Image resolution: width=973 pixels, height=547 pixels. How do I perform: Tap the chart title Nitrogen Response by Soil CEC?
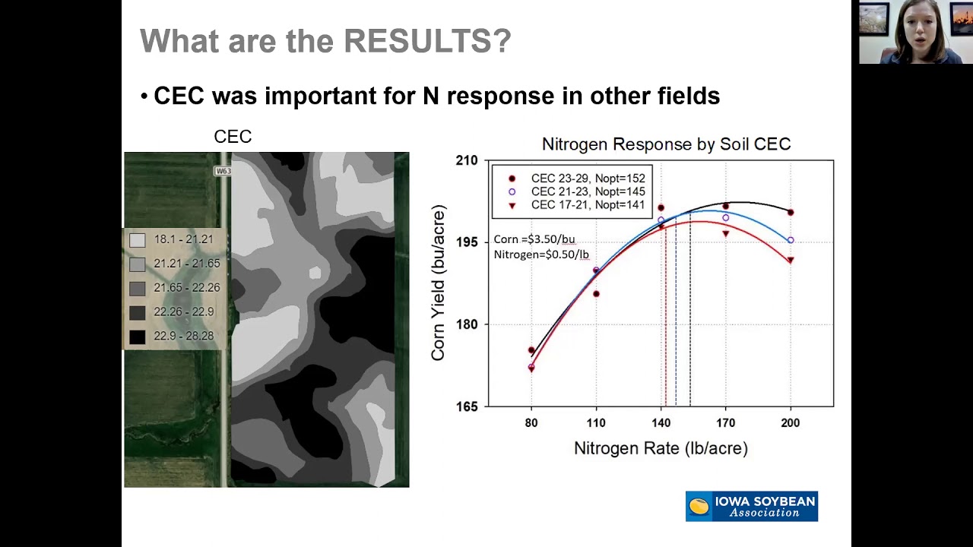(x=666, y=144)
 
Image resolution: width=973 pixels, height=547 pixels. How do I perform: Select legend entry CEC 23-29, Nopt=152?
(x=588, y=179)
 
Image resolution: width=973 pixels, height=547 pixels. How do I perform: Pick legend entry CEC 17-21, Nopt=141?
(x=588, y=205)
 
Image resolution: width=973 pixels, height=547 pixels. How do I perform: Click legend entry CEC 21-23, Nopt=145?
(x=588, y=191)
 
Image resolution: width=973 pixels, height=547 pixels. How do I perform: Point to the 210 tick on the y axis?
(x=467, y=160)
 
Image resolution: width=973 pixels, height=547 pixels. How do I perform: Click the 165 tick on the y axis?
(x=467, y=406)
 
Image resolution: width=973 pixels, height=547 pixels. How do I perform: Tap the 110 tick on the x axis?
(x=596, y=422)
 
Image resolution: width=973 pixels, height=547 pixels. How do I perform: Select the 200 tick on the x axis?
(x=791, y=422)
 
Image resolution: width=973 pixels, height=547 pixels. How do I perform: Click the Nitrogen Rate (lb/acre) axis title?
(x=661, y=448)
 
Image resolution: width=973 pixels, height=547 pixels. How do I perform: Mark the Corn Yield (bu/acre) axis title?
(x=438, y=283)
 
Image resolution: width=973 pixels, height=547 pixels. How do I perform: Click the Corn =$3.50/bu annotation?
(x=534, y=239)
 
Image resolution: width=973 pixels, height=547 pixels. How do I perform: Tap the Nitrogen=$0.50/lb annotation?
(x=541, y=255)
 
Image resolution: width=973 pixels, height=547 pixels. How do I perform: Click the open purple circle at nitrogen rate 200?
(x=791, y=240)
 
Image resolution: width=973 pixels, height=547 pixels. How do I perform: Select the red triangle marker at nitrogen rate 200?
(x=791, y=261)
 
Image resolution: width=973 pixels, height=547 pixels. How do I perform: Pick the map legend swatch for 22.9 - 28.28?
(x=137, y=337)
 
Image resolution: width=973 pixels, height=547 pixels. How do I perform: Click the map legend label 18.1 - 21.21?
(x=183, y=239)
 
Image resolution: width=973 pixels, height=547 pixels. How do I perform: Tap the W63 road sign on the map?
(x=223, y=171)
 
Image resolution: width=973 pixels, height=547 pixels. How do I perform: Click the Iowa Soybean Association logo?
(x=751, y=506)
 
